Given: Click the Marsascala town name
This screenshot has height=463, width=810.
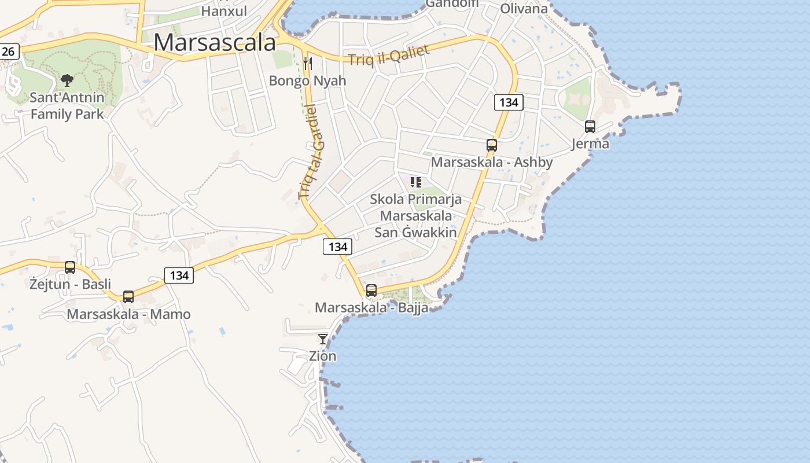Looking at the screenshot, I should (215, 42).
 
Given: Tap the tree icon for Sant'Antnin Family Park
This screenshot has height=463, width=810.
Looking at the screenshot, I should (67, 80).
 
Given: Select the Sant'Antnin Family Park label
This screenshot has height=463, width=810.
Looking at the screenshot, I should (67, 105).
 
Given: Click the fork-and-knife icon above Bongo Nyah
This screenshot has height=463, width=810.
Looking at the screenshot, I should (308, 63).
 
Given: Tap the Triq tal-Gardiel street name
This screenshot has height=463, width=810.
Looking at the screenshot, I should (312, 152).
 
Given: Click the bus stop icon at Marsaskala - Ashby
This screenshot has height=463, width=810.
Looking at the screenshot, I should (492, 145).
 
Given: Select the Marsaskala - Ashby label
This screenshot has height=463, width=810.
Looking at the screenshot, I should (492, 162).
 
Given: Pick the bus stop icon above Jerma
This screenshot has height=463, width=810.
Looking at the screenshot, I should (590, 127).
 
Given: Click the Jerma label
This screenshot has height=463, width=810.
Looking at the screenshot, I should (590, 144).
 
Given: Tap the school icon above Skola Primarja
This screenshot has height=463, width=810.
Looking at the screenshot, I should (415, 183).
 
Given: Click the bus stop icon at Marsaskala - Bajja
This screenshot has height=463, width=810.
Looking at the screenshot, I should (371, 291).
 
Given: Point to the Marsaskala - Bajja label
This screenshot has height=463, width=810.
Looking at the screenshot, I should (371, 307).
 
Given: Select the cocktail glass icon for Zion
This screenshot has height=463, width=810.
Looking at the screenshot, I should (323, 339).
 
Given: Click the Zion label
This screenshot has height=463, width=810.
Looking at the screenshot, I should (323, 356).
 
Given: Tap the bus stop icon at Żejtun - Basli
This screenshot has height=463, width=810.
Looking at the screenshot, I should (70, 267).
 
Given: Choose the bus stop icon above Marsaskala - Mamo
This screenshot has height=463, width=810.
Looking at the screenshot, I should (128, 297).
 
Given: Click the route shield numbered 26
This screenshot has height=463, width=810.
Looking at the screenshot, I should (9, 52).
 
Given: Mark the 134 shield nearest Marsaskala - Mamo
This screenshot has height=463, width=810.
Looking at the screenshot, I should (179, 275).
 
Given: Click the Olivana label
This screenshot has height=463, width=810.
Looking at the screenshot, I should (524, 9).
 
